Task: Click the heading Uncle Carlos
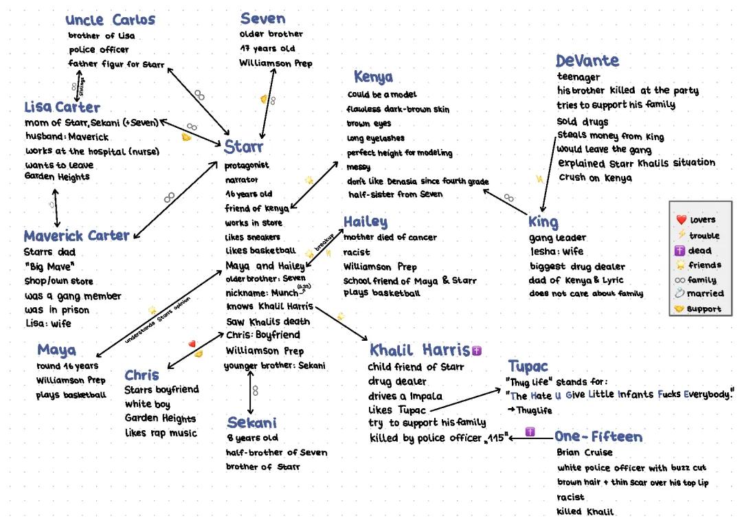coord(110,20)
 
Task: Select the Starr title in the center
coord(243,146)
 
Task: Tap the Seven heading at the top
coord(262,19)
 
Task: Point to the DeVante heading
coord(587,60)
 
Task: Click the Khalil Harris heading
coord(419,350)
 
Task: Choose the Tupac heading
coord(528,366)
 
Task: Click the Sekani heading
coord(251,423)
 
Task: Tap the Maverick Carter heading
coord(76,236)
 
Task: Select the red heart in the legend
coord(682,220)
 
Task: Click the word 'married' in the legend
coord(705,293)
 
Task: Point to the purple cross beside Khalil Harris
coord(477,350)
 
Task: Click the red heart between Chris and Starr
coord(192,344)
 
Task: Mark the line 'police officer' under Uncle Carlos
coord(98,49)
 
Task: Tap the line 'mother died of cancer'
coord(390,237)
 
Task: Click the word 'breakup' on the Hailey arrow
coord(324,243)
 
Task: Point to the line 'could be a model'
coord(382,95)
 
